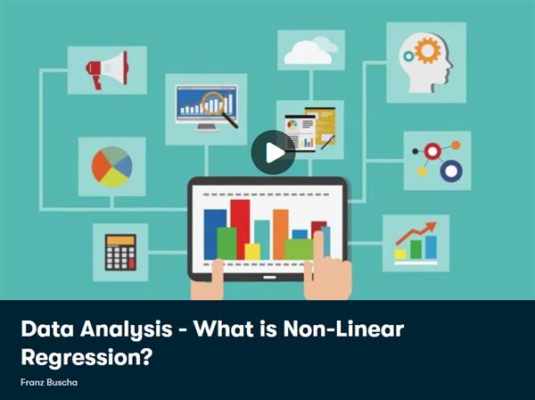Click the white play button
click(273, 153)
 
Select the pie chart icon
click(111, 166)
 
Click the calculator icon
click(120, 252)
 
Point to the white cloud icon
click(309, 51)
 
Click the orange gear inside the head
click(427, 50)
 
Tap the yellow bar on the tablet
click(252, 251)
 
